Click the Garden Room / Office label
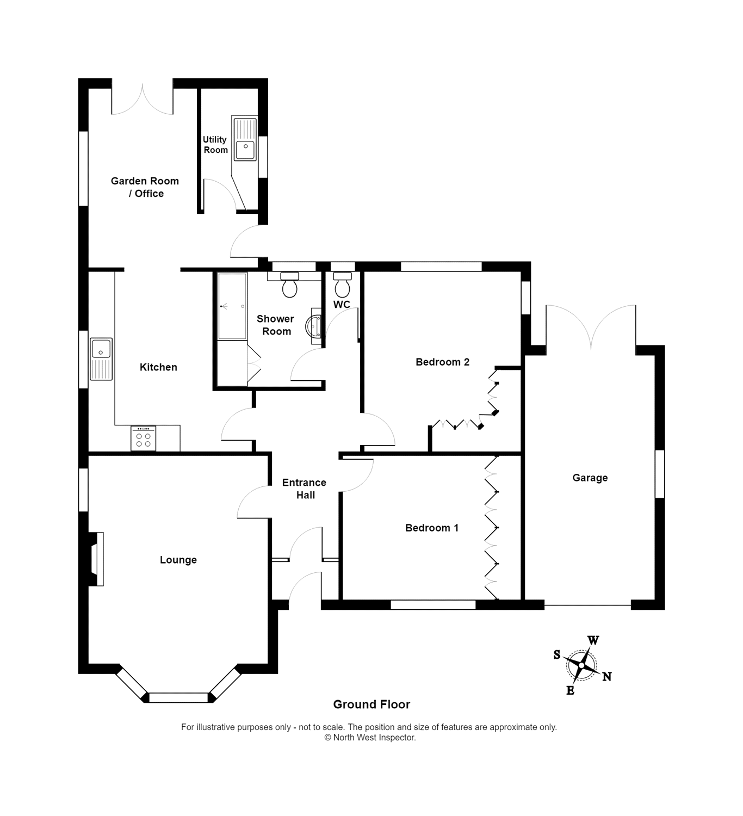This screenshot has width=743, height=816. [x=145, y=187]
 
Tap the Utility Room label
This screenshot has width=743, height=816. [x=215, y=145]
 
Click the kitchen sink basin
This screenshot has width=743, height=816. [x=101, y=349]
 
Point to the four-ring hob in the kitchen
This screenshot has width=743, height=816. [x=143, y=438]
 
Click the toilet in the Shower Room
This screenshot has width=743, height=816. [x=289, y=285]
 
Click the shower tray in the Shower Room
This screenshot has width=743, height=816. [x=232, y=306]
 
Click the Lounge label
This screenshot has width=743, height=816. [x=178, y=560]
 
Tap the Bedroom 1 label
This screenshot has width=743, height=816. [x=432, y=528]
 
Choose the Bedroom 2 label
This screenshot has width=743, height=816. [x=442, y=362]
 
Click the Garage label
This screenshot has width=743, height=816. [x=590, y=478]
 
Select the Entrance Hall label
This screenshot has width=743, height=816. [x=305, y=489]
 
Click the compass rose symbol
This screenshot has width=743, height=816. [x=581, y=665]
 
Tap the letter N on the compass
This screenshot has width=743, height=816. [x=606, y=677]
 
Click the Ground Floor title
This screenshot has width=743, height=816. [x=371, y=704]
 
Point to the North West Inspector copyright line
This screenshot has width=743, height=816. [x=370, y=738]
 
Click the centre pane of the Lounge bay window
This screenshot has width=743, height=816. [x=178, y=697]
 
